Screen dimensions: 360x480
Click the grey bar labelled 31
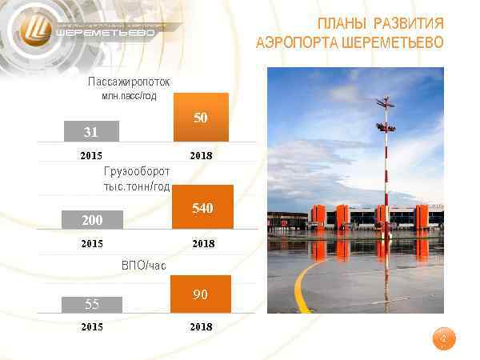[x=92, y=130]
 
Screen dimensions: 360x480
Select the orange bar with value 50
[x=201, y=118]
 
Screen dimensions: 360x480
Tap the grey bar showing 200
[x=92, y=219]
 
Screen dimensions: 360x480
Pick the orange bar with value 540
[x=202, y=207]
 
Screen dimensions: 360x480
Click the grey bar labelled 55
[x=92, y=304]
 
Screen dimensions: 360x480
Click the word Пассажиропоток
[x=129, y=82]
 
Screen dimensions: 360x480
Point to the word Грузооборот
[x=137, y=172]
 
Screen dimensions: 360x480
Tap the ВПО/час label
[x=145, y=265]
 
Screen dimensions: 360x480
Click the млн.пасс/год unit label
[x=124, y=96]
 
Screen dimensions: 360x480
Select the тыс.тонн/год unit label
[x=137, y=186]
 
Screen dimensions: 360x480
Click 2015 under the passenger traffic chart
[x=92, y=154]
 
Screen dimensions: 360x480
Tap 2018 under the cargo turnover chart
[x=202, y=243]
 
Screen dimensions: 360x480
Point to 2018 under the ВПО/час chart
[x=202, y=326]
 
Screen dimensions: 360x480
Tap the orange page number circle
[x=442, y=339]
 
